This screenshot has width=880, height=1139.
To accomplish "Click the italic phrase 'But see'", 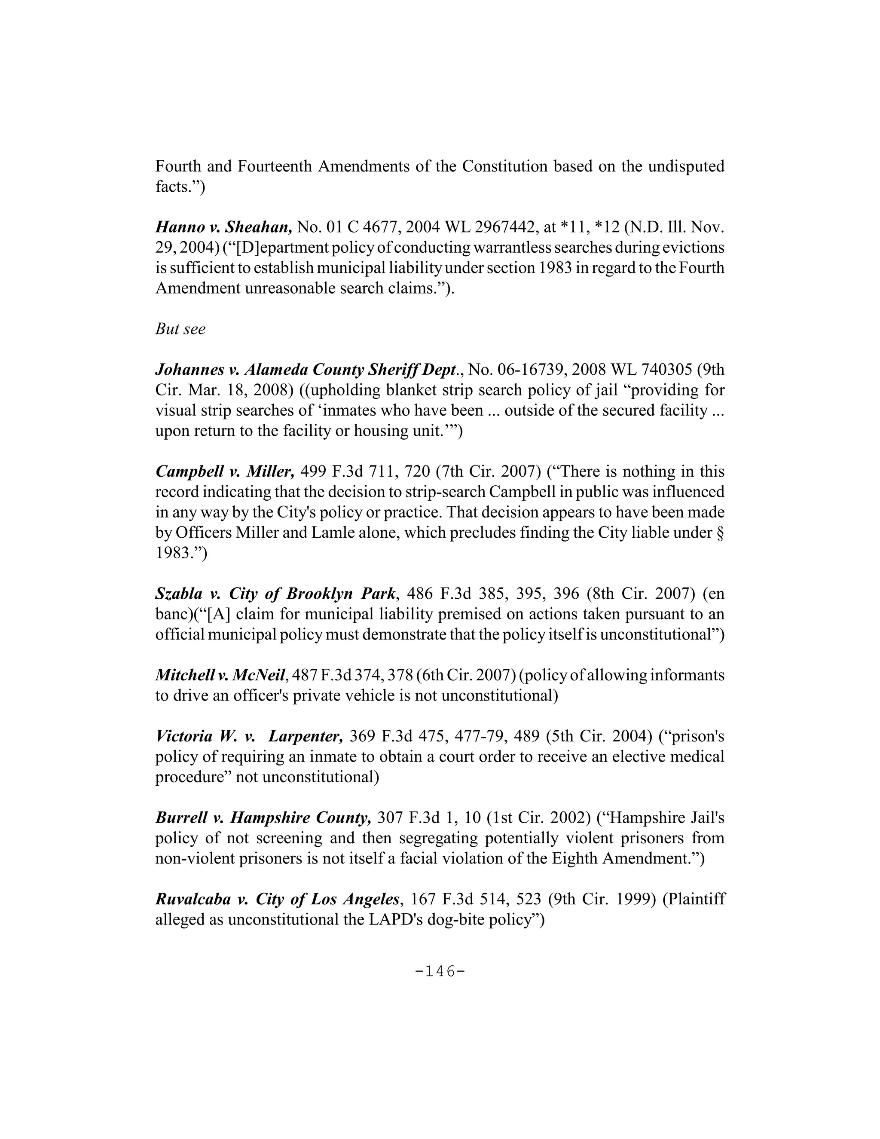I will coord(180,329).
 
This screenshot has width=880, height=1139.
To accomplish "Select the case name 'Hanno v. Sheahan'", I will coord(223,227).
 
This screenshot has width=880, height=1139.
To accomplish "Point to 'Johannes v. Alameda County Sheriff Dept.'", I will coord(308,370).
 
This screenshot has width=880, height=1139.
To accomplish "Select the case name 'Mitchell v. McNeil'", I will coord(221,675).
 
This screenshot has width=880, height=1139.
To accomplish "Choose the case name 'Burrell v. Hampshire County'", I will coord(263,817).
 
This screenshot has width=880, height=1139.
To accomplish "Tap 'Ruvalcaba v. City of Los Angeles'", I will coord(277,899).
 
